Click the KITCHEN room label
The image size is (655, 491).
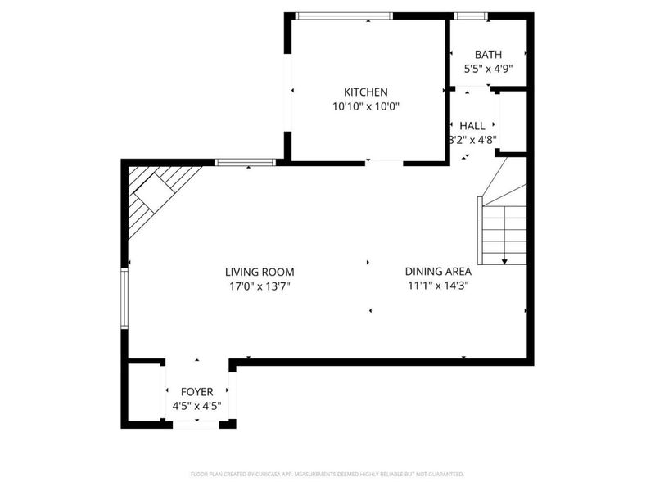coord(365,92)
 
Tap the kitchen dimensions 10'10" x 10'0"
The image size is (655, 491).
coord(365,106)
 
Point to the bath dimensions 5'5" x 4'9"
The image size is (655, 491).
coord(488,69)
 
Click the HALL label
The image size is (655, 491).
coord(472,126)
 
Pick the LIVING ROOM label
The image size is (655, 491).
coord(260,273)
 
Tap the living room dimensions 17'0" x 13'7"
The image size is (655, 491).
coord(260,286)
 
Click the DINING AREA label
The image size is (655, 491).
coord(438,273)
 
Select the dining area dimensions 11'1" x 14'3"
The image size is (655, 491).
coord(438,286)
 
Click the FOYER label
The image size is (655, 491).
coord(196,392)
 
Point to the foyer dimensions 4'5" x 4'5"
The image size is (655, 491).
coord(196,406)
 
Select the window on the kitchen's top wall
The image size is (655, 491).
coord(343,16)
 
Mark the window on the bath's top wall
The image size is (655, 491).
coord(470,16)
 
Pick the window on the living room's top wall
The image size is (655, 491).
coord(245,162)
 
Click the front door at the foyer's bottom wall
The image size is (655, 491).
coord(196,424)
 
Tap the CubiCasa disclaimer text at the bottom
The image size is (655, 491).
coord(327,475)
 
